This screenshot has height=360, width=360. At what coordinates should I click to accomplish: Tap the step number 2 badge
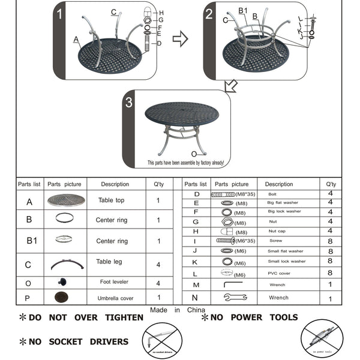point(209,14)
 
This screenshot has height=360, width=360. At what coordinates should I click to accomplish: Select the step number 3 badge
point(128,102)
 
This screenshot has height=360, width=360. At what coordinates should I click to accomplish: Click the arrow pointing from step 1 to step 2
point(180,40)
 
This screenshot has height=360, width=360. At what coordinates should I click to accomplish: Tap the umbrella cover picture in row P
point(61,297)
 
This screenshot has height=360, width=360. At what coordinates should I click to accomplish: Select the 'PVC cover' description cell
point(280,274)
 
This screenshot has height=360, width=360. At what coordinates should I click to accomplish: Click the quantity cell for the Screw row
point(330,241)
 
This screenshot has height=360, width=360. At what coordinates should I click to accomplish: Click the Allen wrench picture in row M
point(232,284)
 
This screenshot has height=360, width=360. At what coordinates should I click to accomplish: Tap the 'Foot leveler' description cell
point(114,281)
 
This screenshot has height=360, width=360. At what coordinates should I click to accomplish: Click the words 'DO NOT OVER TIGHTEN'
point(78,317)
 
